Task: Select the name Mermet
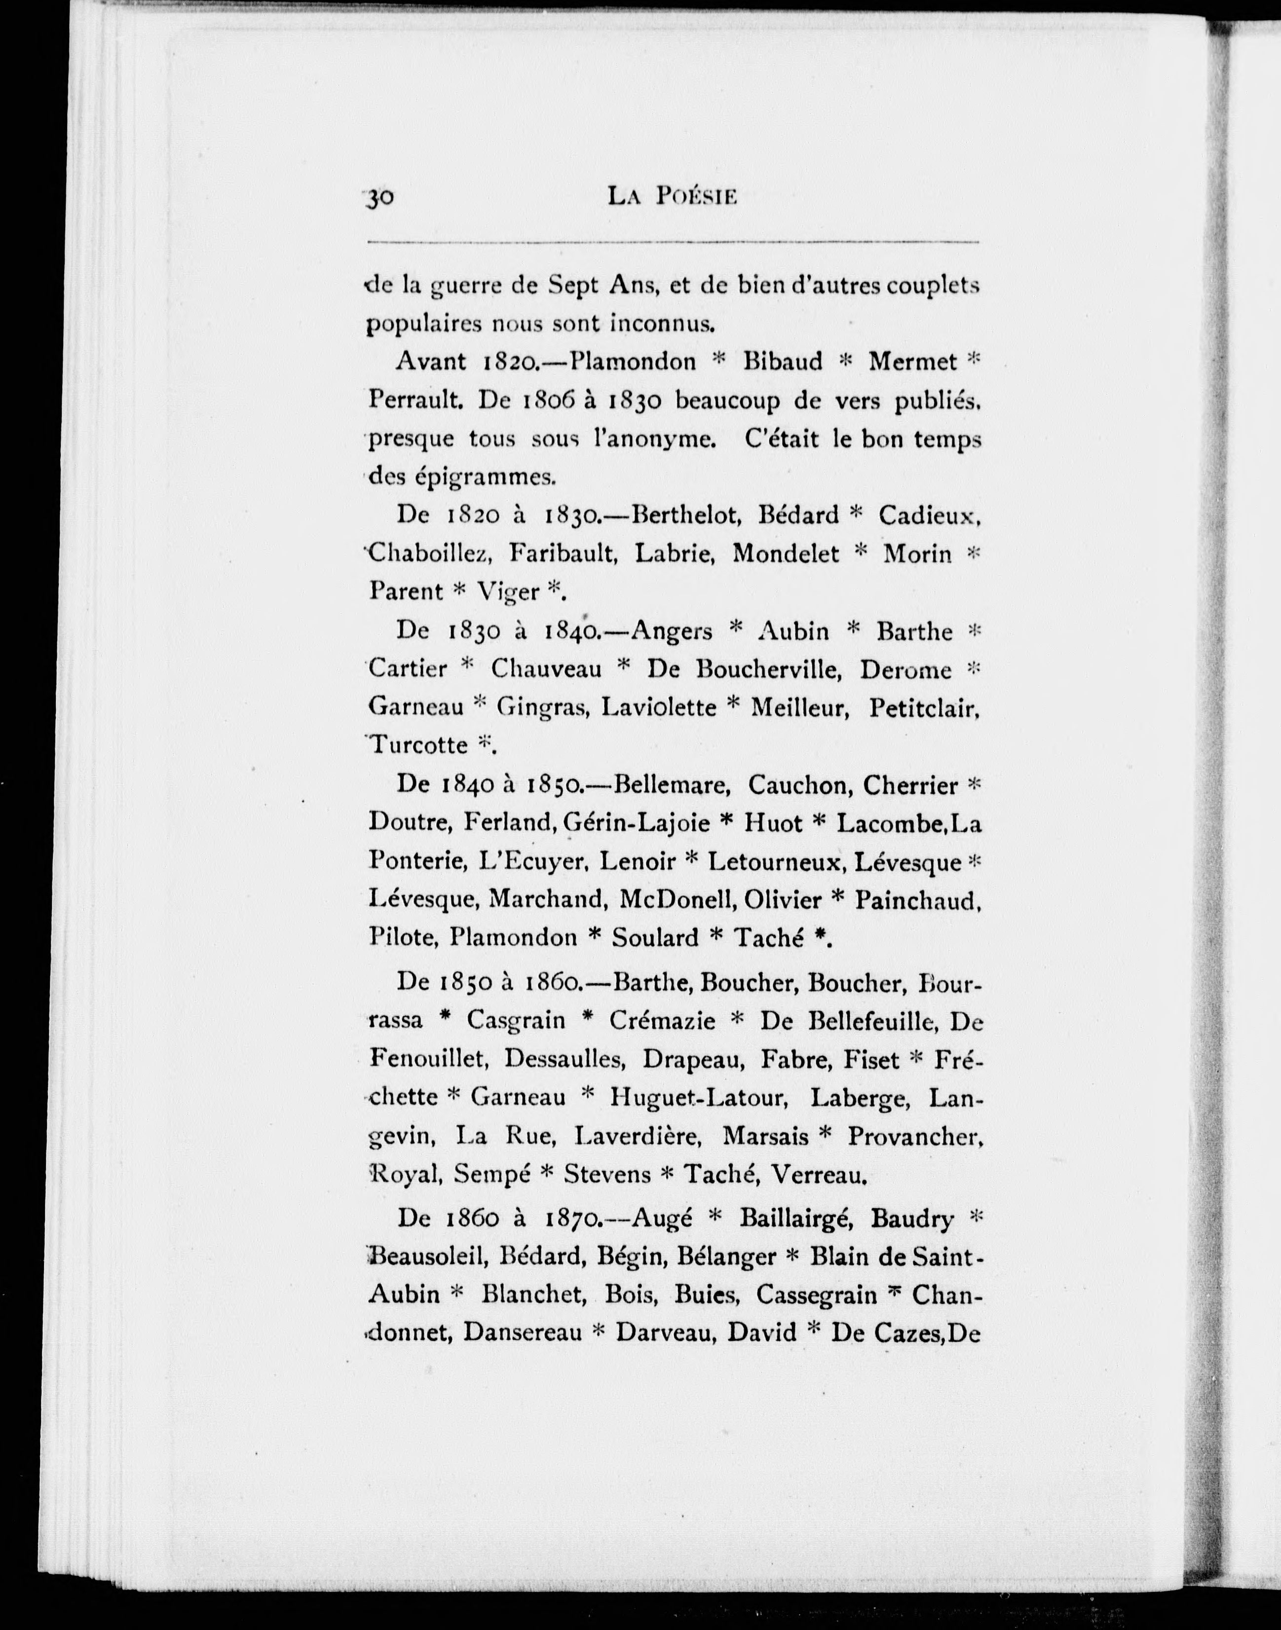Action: [913, 362]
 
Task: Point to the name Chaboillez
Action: [430, 554]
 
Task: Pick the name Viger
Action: [508, 593]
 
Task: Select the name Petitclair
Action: [925, 707]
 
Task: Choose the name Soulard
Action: [655, 937]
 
